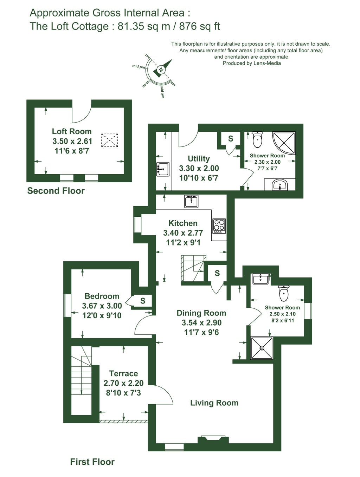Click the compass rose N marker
(161, 70)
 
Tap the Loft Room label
(72, 131)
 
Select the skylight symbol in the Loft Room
(109, 140)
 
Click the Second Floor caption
(56, 191)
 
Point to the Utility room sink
(163, 169)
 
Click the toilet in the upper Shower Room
(258, 139)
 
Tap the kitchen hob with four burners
(219, 226)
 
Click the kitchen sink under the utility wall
(191, 201)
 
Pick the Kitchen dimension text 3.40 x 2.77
(183, 233)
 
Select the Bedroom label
(102, 296)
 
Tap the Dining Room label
(201, 313)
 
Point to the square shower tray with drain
(262, 348)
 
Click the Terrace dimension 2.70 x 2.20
(123, 383)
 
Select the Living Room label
(214, 403)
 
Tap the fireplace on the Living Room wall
(213, 439)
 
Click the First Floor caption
(92, 462)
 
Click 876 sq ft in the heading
(199, 26)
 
